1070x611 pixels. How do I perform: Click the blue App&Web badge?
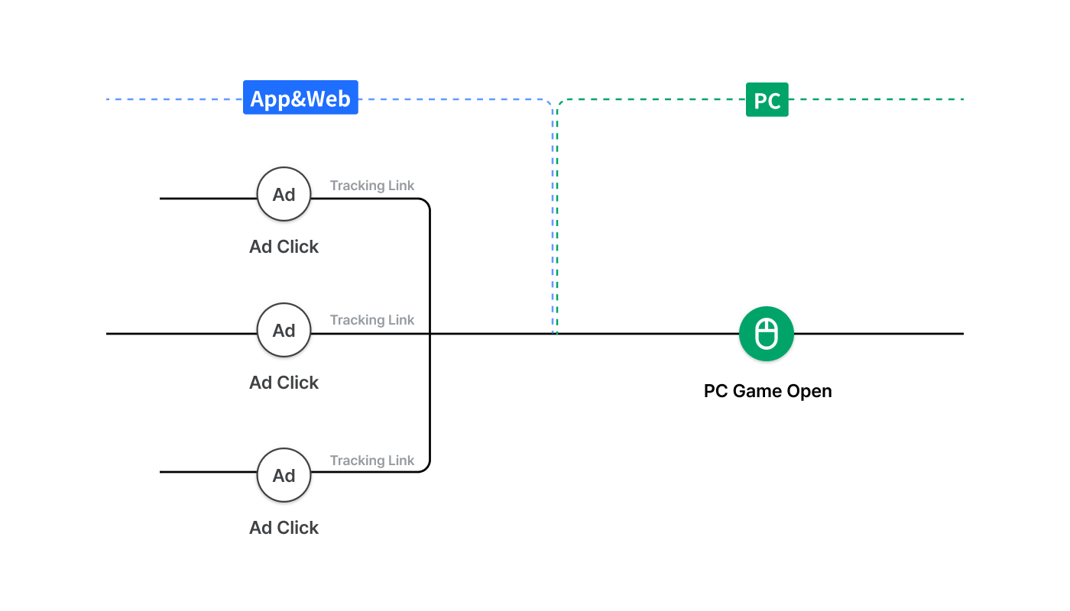point(300,98)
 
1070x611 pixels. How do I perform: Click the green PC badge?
point(767,99)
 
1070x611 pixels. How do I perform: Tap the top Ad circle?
point(284,194)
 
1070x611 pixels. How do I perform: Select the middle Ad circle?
point(284,330)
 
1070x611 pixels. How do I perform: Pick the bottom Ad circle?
point(284,475)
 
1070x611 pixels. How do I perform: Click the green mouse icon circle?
point(767,334)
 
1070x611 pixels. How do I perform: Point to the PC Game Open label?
point(767,391)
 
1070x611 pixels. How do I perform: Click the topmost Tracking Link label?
point(372,185)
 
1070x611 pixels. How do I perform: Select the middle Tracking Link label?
point(372,320)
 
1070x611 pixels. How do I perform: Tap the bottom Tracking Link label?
point(372,460)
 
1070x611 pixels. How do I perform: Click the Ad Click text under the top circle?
point(284,246)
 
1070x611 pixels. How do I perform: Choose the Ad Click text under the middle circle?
point(284,383)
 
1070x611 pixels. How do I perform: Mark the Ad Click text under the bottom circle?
point(284,528)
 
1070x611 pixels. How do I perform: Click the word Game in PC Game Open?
point(758,391)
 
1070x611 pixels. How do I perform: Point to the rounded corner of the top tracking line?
point(426,202)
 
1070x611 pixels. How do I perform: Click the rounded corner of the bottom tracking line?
point(426,468)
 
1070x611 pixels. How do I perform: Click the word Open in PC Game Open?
point(809,391)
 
